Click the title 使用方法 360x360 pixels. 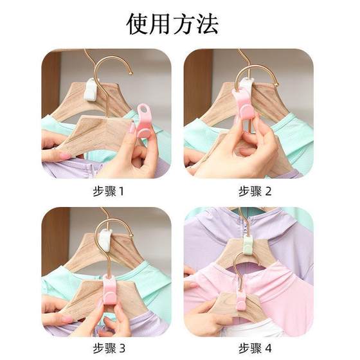coord(173,23)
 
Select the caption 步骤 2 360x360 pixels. coord(255,191)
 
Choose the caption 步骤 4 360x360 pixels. coord(255,348)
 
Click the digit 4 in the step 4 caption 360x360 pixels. coord(268,348)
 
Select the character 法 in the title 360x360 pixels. coord(207,23)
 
